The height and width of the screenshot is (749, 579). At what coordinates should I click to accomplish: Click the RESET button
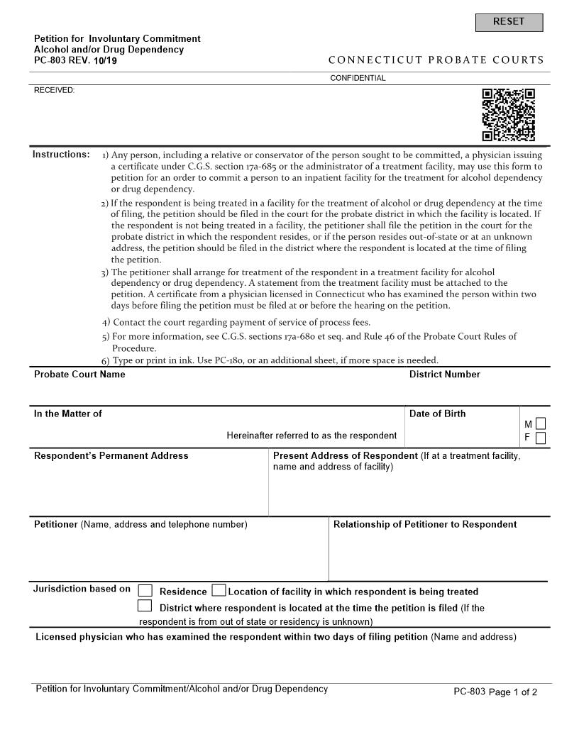[509, 22]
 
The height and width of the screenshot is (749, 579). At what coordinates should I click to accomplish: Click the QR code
[508, 115]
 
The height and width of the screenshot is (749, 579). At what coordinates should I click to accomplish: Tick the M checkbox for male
[541, 424]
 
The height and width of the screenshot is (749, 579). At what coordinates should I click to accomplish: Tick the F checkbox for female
[541, 438]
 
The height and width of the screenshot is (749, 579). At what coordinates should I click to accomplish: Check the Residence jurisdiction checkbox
[145, 591]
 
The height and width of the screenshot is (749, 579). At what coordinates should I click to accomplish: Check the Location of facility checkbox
[219, 591]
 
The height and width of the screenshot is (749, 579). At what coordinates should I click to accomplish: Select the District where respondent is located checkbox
[145, 606]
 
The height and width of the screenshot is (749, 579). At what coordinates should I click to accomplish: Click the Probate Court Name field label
[79, 374]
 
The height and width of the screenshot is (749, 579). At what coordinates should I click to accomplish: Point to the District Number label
[444, 374]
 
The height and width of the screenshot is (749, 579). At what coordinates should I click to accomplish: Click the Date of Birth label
[437, 414]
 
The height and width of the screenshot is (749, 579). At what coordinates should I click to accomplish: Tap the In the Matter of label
[68, 414]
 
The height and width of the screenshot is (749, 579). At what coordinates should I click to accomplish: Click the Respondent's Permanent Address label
[111, 455]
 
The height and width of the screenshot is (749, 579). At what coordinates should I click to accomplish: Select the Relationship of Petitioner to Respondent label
[425, 524]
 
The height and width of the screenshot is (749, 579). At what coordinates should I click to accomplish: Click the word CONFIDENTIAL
[358, 78]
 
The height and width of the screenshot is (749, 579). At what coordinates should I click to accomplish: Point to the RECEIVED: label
[54, 90]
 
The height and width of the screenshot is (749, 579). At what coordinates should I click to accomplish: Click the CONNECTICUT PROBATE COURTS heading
[436, 60]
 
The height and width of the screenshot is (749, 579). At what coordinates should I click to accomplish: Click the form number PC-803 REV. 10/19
[76, 61]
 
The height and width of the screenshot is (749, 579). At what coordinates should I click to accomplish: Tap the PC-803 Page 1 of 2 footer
[495, 692]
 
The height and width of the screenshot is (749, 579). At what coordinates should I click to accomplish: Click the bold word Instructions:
[61, 155]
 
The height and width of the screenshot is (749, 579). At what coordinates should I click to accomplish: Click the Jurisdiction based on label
[82, 589]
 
